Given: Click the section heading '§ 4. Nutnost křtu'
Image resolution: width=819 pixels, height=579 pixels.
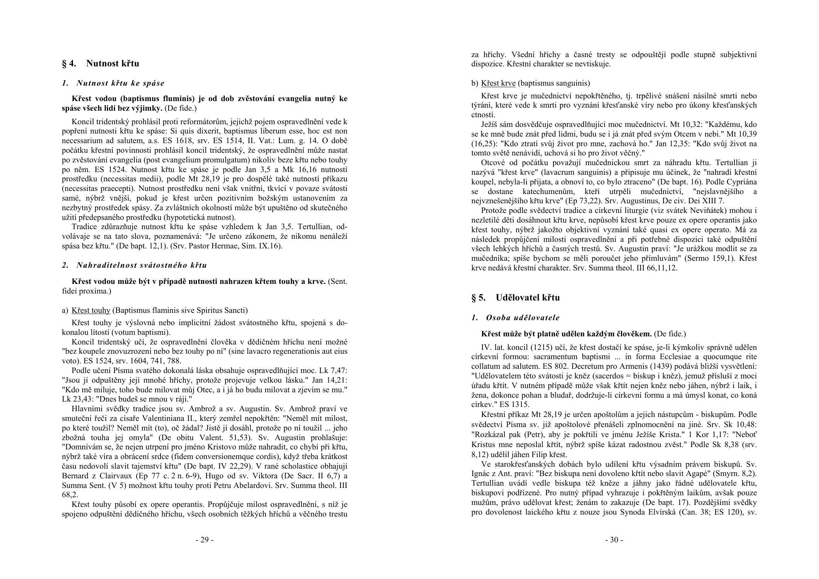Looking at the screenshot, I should pyautogui.click(x=100, y=64).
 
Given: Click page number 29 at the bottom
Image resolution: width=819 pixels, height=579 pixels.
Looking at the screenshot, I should pyautogui.click(x=205, y=540).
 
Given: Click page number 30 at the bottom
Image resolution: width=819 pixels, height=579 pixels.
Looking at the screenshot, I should pyautogui.click(x=614, y=540).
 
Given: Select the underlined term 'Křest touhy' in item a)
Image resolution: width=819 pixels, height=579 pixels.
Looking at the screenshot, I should pyautogui.click(x=91, y=311).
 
